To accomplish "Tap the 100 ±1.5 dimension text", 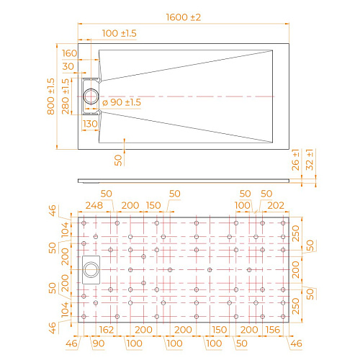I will [100, 34].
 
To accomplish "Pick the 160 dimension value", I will [70, 53].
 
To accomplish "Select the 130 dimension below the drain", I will [90, 124].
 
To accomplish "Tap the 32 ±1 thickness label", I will [310, 163].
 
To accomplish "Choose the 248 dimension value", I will [94, 205].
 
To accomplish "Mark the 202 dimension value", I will [276, 205].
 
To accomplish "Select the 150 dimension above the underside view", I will [153, 205].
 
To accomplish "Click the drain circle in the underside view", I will [91, 270].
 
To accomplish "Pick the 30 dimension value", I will [68, 66].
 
